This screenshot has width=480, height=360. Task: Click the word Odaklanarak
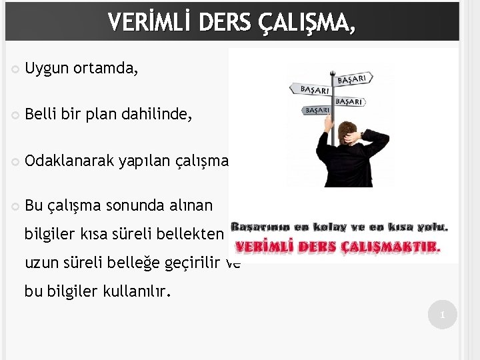pos(68,160)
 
